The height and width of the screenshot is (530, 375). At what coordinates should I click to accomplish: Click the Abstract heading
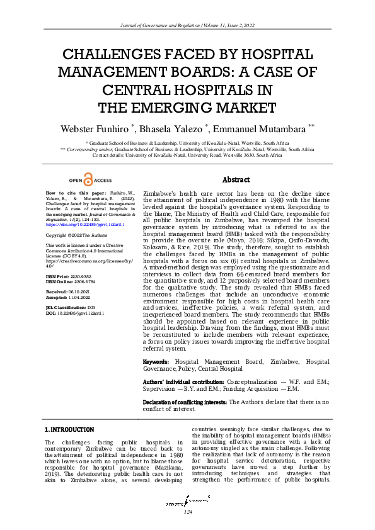click(x=236, y=180)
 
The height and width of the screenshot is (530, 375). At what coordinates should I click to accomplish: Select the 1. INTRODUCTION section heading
click(x=69, y=429)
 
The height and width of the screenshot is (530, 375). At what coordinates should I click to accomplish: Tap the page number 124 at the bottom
click(x=187, y=511)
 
